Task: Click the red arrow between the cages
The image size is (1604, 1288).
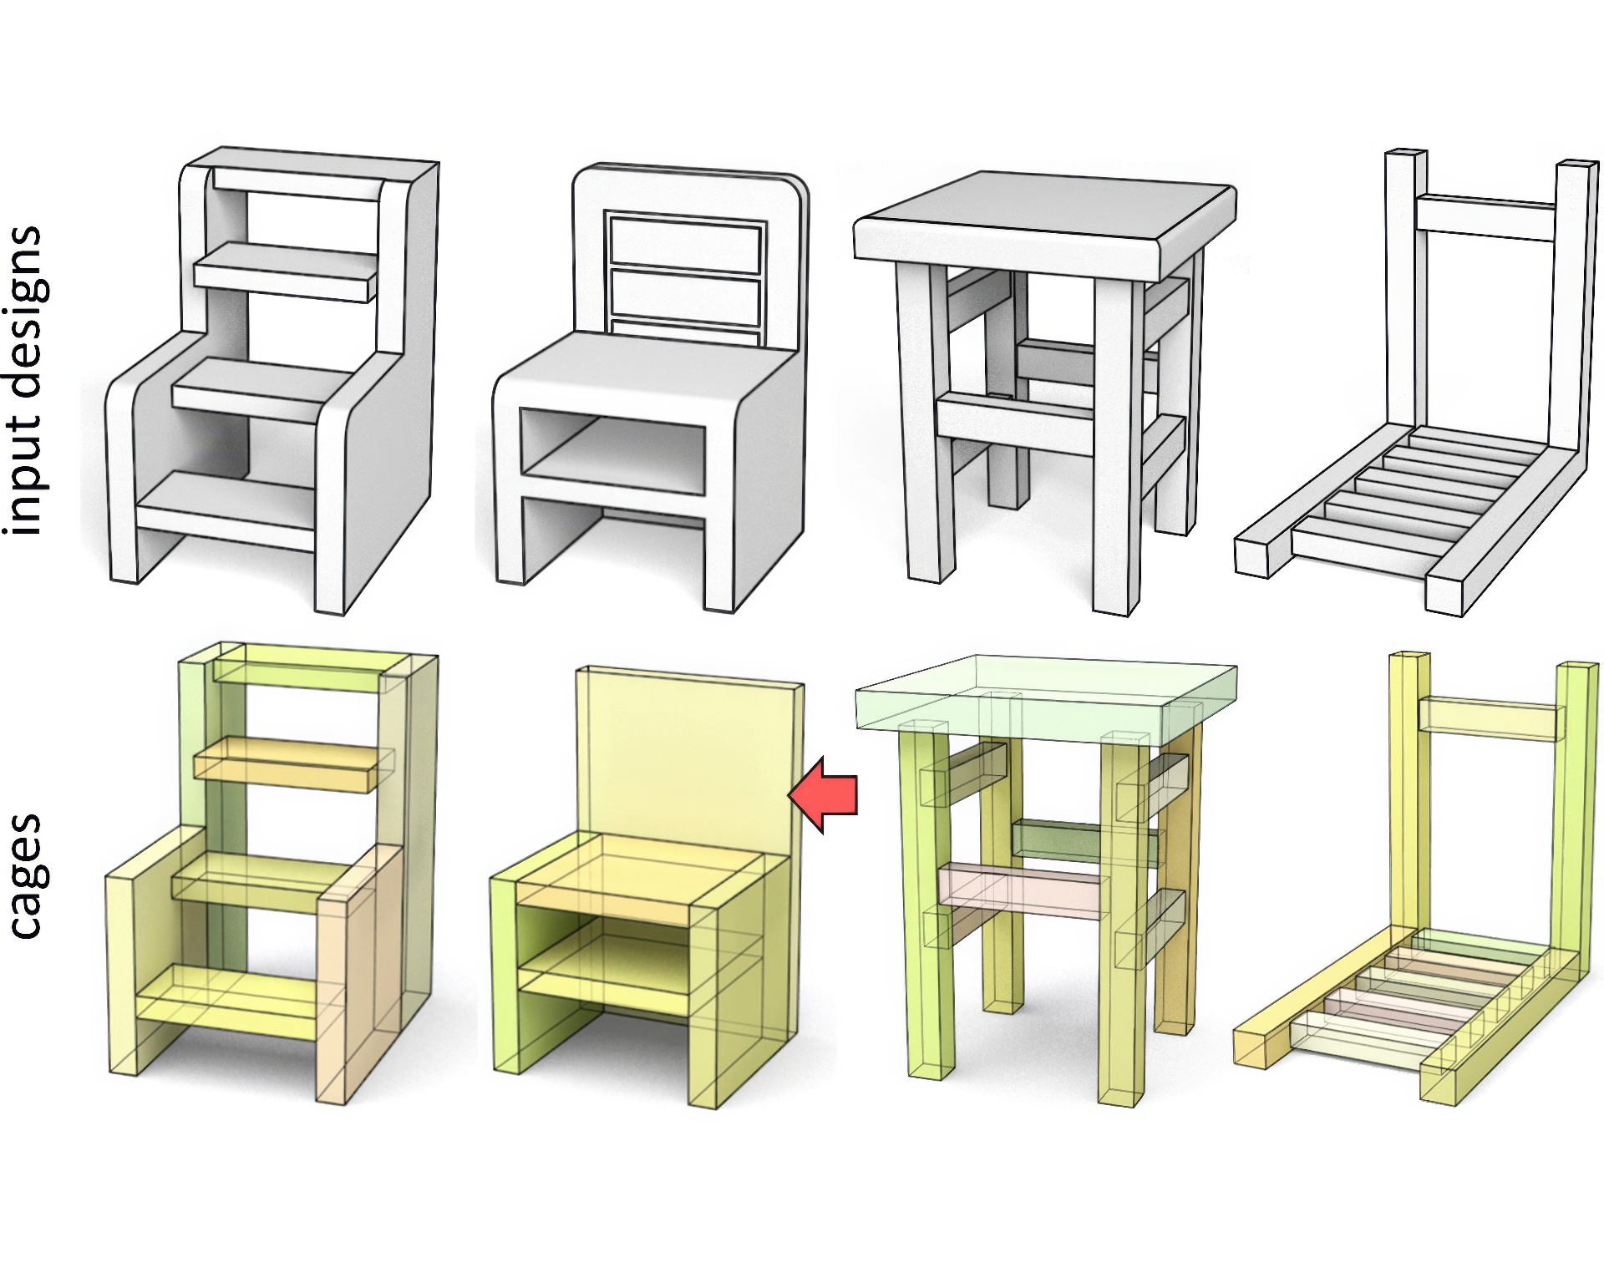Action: click(x=823, y=795)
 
